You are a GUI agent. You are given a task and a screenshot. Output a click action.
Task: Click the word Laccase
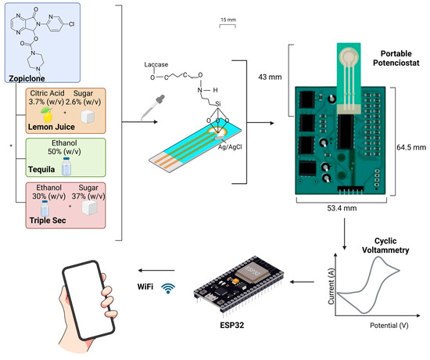(x=158, y=66)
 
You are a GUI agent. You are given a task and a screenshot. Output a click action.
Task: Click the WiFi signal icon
(x=167, y=289)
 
